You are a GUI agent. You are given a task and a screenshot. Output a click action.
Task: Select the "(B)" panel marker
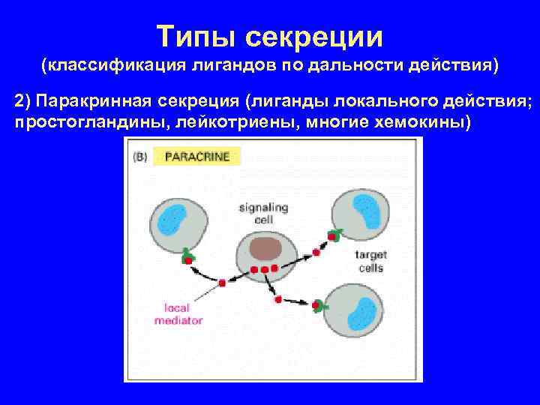pyautogui.click(x=139, y=157)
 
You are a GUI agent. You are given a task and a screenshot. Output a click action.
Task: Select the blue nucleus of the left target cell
pyautogui.click(x=170, y=218)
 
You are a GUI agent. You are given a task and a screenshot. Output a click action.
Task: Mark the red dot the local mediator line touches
pyautogui.click(x=222, y=283)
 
